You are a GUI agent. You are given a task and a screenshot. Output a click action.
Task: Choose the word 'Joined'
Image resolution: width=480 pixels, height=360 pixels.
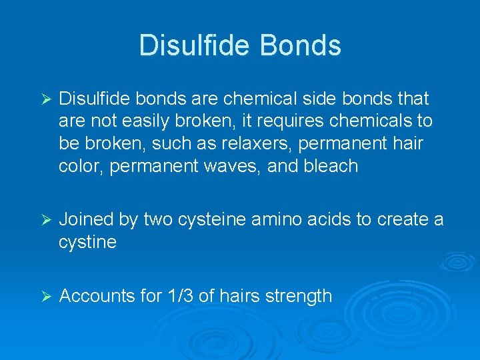86,220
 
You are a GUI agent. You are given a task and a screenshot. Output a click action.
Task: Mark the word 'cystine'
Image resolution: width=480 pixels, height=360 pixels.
87,242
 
